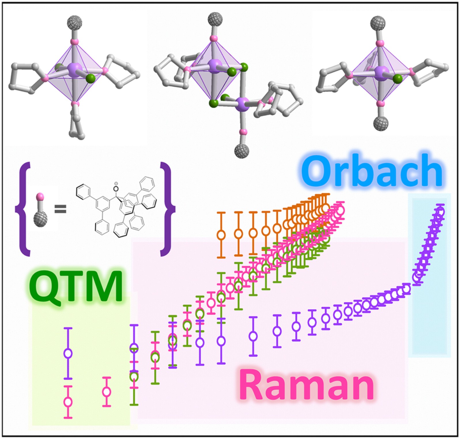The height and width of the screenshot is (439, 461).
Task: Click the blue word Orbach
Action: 372,171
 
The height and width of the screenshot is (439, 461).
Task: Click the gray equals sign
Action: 61,209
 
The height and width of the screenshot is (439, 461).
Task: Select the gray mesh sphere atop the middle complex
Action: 215,20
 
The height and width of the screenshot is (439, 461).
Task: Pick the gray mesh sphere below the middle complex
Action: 242,151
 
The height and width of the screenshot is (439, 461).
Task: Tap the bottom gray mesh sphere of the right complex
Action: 381,123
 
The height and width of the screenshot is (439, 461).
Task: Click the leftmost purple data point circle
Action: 68,353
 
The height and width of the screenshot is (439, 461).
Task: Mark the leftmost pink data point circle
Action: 68,402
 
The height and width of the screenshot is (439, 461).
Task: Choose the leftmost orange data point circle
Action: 221,235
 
